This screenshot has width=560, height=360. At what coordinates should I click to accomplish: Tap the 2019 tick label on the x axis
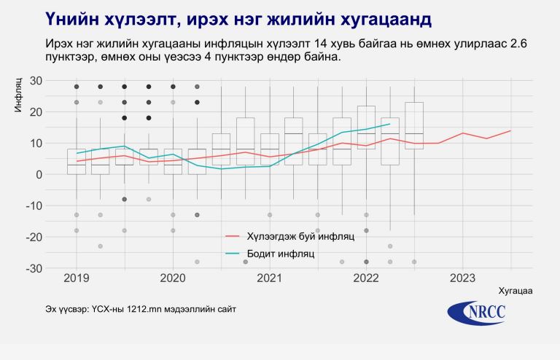click(x=76, y=278)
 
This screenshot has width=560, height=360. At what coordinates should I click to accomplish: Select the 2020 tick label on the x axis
click(x=173, y=278)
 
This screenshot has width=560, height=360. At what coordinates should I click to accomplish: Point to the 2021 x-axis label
click(x=270, y=278)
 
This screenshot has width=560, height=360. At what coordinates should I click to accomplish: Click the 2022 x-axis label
click(x=366, y=278)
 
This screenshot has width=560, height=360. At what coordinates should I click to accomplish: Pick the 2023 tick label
click(x=463, y=278)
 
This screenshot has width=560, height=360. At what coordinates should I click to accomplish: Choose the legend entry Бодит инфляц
click(x=280, y=254)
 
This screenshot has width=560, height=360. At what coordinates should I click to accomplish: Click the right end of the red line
click(x=510, y=130)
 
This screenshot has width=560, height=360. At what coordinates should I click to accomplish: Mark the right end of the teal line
click(x=389, y=124)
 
